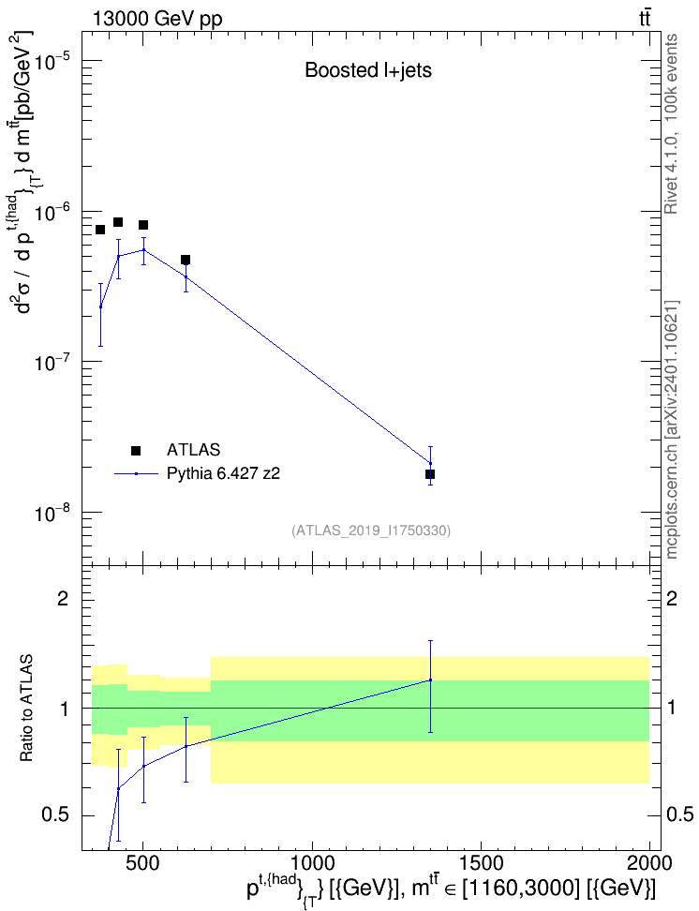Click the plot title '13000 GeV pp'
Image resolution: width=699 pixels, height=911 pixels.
(x=156, y=19)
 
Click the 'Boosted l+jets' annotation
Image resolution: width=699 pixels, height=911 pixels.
(x=368, y=70)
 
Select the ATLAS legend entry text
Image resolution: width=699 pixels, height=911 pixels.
(x=193, y=450)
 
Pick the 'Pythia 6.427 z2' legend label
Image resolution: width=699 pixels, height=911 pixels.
(x=223, y=473)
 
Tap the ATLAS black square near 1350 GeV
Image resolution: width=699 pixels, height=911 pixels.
(x=430, y=474)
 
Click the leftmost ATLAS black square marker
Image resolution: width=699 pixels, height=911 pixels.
(x=100, y=230)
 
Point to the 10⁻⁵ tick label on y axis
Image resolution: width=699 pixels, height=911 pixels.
(x=52, y=60)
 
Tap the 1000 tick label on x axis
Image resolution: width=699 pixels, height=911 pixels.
(x=313, y=863)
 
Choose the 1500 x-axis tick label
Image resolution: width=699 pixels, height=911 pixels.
(x=481, y=863)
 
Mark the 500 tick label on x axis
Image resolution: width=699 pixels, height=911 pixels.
(x=143, y=863)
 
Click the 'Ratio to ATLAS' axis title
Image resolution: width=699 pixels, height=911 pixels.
(x=26, y=708)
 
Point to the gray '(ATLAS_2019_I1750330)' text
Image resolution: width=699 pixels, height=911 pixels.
(x=371, y=530)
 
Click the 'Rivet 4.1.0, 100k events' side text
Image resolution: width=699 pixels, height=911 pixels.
(x=671, y=124)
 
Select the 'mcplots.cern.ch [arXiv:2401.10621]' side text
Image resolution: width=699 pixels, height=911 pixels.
(x=672, y=429)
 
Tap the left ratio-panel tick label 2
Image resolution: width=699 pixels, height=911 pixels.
(x=63, y=598)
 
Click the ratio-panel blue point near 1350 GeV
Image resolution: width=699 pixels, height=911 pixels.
(x=430, y=680)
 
